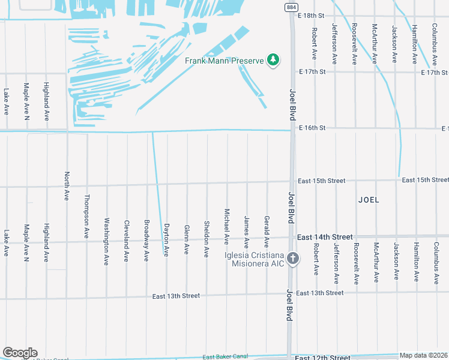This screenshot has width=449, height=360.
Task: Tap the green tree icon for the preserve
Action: point(274,60)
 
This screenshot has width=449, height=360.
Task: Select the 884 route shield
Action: point(291,6)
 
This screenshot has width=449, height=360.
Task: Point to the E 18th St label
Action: point(312,15)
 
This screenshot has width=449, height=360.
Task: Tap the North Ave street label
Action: point(67,186)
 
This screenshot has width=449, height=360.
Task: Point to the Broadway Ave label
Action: point(146,241)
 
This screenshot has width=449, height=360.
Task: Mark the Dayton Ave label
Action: point(166,240)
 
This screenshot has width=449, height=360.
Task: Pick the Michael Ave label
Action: point(227,227)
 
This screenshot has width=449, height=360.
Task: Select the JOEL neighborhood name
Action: point(369,200)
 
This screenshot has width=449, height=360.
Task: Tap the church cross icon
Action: point(293,259)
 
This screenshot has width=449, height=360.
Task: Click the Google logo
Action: point(20,353)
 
